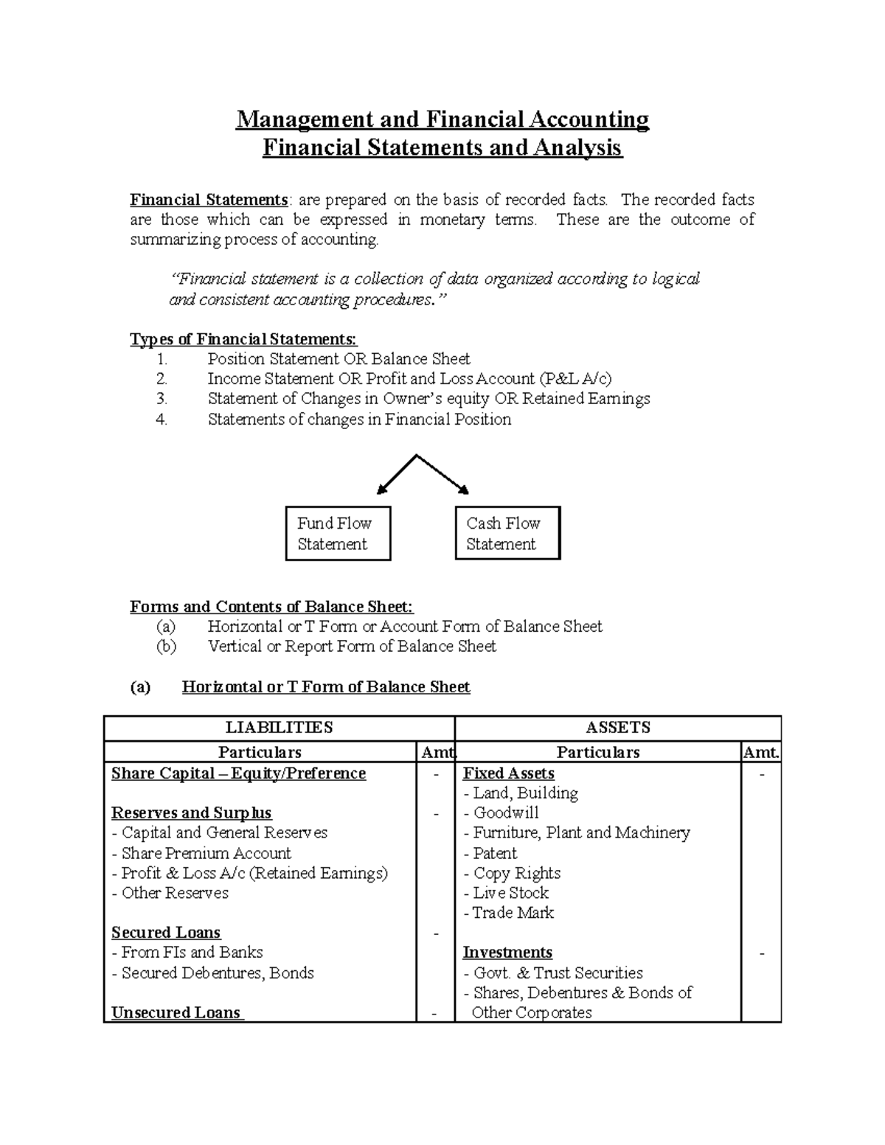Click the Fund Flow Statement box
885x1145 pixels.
coord(338,533)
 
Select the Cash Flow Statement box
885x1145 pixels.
coord(508,533)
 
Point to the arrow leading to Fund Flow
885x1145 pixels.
coord(396,474)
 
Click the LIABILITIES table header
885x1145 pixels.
coord(279,728)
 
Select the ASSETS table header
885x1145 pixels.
coord(618,728)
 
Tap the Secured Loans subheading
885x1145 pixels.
coord(166,933)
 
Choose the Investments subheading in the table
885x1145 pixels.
coord(507,953)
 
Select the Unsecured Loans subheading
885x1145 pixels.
coord(176,1012)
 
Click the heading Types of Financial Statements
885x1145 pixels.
coord(243,339)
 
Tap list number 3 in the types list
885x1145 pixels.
coord(162,399)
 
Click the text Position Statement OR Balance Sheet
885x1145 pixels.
coord(339,359)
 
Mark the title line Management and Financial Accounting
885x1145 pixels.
coord(442,119)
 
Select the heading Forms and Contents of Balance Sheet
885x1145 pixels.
coord(271,607)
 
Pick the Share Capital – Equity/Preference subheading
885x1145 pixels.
coord(238,773)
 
